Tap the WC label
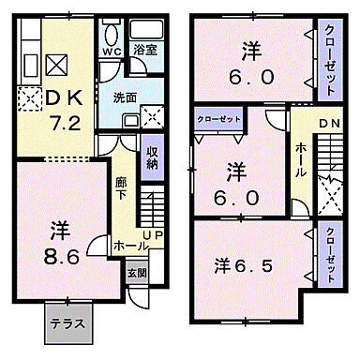point(111,52)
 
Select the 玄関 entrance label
point(136,273)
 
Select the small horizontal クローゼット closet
point(218,119)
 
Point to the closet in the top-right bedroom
point(329,58)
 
